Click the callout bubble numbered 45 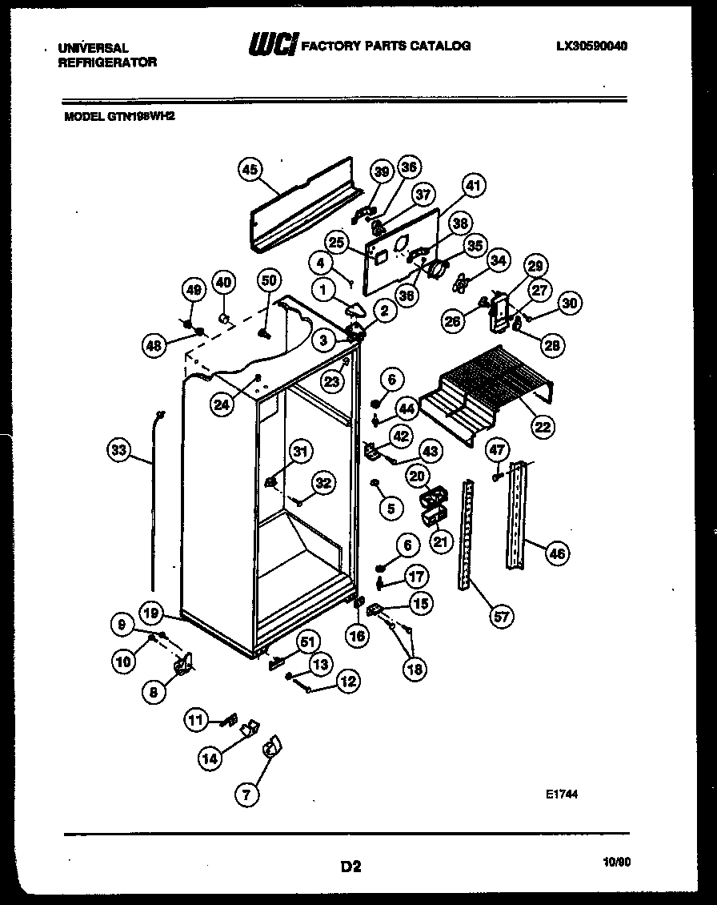(x=250, y=169)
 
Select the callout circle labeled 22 (x=543, y=427)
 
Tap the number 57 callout (x=501, y=616)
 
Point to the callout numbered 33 (x=119, y=450)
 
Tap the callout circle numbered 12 (x=346, y=682)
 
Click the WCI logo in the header (x=272, y=46)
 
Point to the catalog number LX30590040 (x=591, y=46)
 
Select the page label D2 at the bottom (x=350, y=866)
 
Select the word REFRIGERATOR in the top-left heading (x=107, y=62)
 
